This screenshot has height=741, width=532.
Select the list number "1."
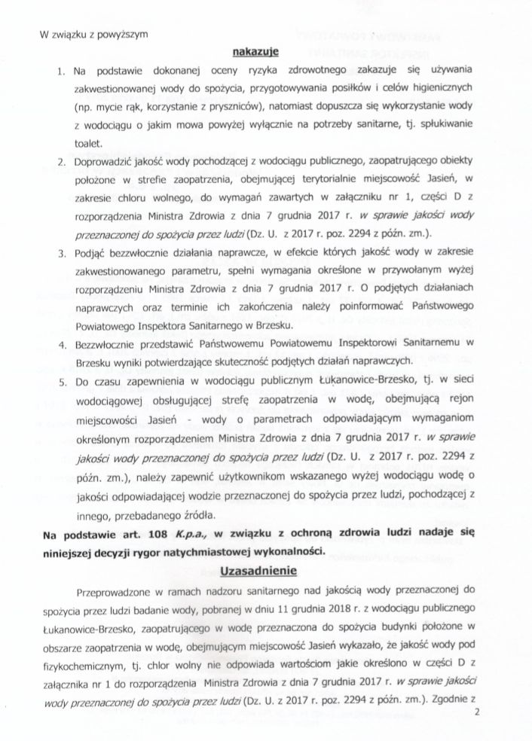[x=60, y=72]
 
